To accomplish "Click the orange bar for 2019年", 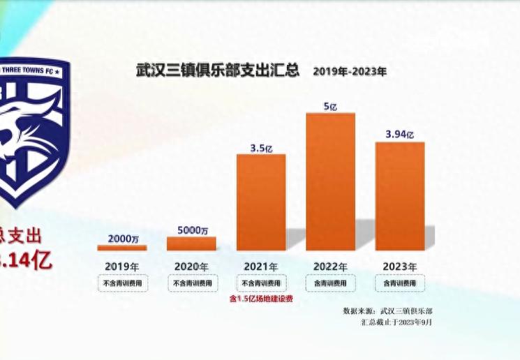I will pyautogui.click(x=121, y=247).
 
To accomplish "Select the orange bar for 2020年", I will pyautogui.click(x=191, y=243).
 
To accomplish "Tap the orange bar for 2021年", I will pyautogui.click(x=261, y=202).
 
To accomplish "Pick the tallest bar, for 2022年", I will pyautogui.click(x=331, y=181).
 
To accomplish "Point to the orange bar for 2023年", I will pyautogui.click(x=400, y=195).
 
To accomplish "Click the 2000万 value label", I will pyautogui.click(x=122, y=238).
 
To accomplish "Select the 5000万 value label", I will pyautogui.click(x=192, y=230).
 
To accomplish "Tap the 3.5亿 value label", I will pyautogui.click(x=261, y=147).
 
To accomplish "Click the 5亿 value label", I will pyautogui.click(x=331, y=106).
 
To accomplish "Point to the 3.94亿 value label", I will pyautogui.click(x=400, y=135).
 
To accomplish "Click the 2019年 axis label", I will pyautogui.click(x=121, y=266).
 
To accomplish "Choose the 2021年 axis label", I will pyautogui.click(x=261, y=266).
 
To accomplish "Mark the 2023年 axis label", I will pyautogui.click(x=400, y=266).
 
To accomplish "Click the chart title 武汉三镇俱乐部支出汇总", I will pyautogui.click(x=217, y=70).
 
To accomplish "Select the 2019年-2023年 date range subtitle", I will pyautogui.click(x=349, y=71).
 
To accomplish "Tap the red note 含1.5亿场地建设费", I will pyautogui.click(x=261, y=299).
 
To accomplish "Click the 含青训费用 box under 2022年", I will pyautogui.click(x=331, y=283).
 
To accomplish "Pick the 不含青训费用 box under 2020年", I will pyautogui.click(x=191, y=283).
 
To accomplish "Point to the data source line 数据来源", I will pyautogui.click(x=387, y=310).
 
